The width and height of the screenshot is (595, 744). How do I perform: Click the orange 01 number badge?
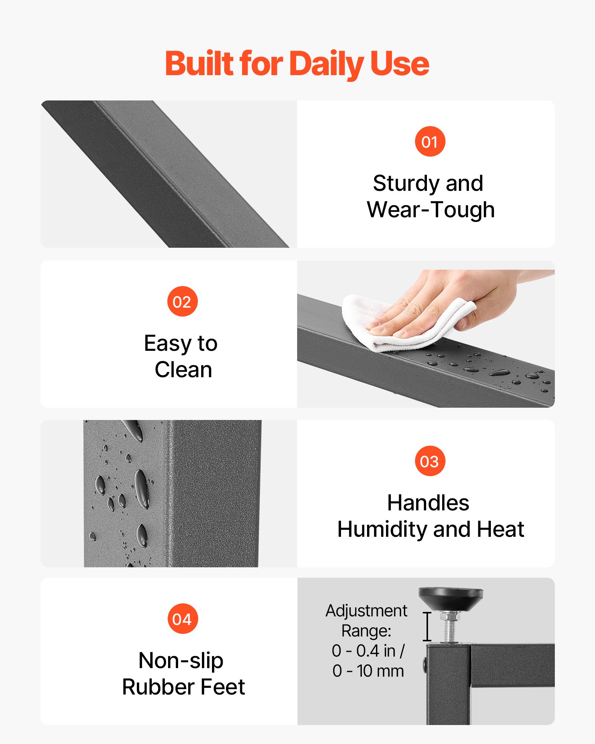tap(430, 141)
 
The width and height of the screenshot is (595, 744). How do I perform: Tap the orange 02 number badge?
tap(182, 301)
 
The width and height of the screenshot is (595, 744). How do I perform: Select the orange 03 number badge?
tap(430, 461)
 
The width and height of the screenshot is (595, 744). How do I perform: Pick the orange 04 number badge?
tap(182, 619)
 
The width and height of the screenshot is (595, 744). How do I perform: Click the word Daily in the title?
tap(326, 64)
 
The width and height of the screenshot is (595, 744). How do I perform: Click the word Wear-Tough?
tap(431, 210)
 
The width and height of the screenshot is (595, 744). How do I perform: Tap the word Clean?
tap(183, 370)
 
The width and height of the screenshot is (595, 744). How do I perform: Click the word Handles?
tap(428, 503)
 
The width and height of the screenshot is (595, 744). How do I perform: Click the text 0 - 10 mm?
tap(368, 671)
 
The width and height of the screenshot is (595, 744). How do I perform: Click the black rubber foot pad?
tap(451, 599)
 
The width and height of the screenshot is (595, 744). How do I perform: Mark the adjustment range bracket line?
tap(427, 626)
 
